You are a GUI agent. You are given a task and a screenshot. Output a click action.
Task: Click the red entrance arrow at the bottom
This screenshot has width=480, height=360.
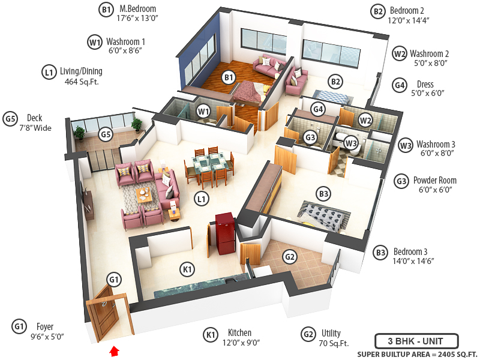tap(115, 350)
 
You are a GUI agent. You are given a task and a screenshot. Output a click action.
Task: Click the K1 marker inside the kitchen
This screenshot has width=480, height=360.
tap(188, 270)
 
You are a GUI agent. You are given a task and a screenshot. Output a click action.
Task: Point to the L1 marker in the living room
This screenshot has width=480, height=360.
tap(202, 197)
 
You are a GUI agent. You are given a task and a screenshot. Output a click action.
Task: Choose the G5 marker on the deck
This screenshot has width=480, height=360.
tap(106, 134)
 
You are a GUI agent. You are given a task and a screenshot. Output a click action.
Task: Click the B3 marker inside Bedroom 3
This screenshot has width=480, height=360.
tap(324, 194)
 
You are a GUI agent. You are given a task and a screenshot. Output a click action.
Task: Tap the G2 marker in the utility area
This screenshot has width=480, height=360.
tap(290, 257)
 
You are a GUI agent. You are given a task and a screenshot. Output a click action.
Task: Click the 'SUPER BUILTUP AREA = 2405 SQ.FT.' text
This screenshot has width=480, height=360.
tap(417, 354)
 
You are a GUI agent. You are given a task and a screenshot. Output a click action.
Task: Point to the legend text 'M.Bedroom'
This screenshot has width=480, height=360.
tap(137, 9)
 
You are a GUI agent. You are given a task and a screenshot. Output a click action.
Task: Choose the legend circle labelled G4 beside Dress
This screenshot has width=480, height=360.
tap(400, 85)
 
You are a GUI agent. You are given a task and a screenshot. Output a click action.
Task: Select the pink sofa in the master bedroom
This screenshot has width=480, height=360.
tap(267, 65)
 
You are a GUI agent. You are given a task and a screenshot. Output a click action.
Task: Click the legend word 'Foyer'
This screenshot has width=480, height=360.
tap(45, 327)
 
